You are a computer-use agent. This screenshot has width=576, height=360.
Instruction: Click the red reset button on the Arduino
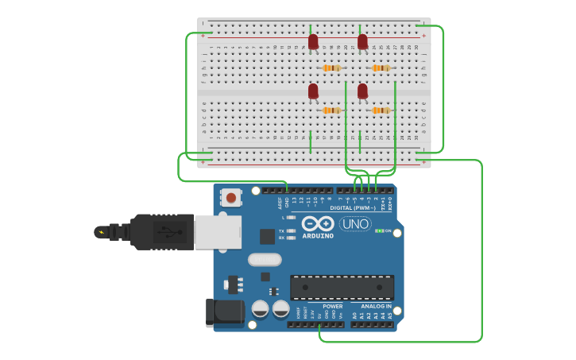231,197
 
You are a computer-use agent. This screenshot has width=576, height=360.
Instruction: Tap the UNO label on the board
355,224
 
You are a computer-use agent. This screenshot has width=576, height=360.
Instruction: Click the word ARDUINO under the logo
318,236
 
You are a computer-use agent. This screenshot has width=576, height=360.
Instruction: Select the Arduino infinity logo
318,223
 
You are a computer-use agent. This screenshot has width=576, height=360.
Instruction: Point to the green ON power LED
380,231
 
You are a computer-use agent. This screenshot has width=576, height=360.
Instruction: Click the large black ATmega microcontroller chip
342,287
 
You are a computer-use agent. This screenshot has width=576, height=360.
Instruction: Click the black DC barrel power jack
225,312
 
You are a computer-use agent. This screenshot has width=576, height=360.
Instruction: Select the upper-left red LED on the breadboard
313,41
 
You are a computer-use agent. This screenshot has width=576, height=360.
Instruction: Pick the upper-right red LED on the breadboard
362,41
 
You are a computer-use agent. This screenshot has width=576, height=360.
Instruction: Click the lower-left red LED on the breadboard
313,91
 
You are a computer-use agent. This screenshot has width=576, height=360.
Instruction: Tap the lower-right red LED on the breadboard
362,91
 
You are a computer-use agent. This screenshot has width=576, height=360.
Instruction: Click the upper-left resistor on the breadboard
331,68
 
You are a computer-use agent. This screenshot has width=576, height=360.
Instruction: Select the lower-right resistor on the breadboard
381,110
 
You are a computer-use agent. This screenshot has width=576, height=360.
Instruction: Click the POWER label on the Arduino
333,306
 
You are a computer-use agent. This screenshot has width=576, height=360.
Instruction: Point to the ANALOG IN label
377,306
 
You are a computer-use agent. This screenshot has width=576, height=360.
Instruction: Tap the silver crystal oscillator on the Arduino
265,259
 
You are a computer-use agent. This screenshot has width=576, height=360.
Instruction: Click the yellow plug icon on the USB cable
101,232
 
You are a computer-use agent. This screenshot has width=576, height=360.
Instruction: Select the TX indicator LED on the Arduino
292,230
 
